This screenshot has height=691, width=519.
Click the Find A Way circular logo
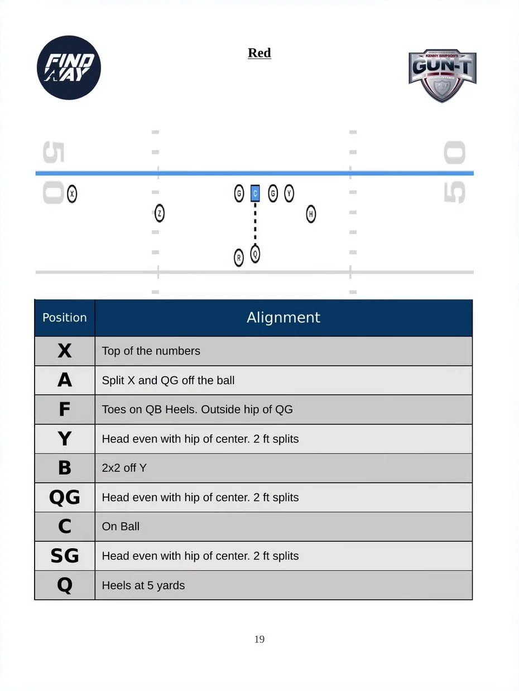tap(69, 67)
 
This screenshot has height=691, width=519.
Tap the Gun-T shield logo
tap(442, 76)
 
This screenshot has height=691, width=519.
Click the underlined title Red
tap(259, 53)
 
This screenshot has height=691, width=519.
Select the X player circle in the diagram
tap(72, 193)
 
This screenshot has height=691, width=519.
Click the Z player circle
tap(160, 213)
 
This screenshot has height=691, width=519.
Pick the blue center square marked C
tap(255, 193)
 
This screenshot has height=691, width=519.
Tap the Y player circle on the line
tap(289, 193)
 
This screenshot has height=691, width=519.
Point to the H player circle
tap(311, 214)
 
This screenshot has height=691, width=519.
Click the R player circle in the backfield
tap(239, 257)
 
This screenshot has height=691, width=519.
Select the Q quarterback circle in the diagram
tap(255, 254)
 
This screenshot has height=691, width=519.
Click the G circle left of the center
tap(239, 193)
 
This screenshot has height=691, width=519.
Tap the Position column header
tap(65, 318)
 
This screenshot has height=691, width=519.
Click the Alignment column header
tap(283, 318)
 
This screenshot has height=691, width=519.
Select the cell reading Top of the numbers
tap(283, 351)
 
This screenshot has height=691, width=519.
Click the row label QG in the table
tap(65, 498)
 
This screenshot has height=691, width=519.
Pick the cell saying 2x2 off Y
tap(283, 468)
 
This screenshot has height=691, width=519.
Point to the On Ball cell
tap(283, 527)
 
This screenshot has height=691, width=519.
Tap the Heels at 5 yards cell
tap(283, 586)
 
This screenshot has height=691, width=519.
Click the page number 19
tap(259, 639)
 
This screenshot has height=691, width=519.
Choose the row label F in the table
tap(65, 410)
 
